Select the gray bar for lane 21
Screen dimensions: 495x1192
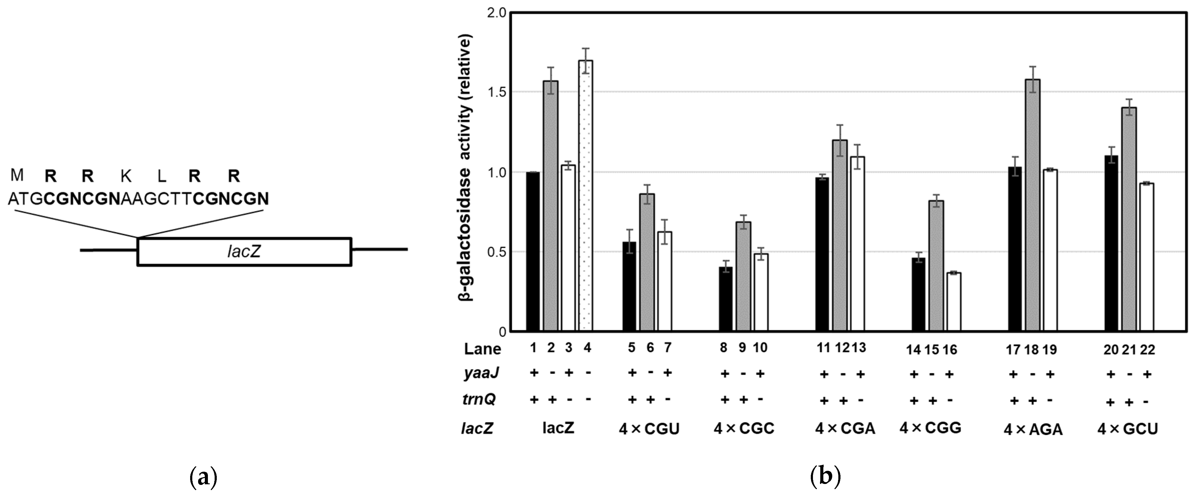1129,220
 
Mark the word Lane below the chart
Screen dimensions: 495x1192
483,349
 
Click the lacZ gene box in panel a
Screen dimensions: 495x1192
244,252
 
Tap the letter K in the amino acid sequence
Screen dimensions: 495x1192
126,176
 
